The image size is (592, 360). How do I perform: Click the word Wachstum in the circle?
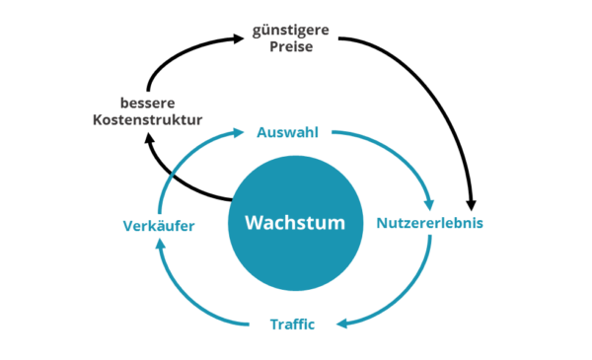pyautogui.click(x=295, y=223)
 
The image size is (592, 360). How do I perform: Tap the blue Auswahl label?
pyautogui.click(x=287, y=131)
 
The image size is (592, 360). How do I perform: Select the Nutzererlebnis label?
pyautogui.click(x=429, y=223)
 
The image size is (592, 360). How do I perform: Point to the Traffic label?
pyautogui.click(x=292, y=324)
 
